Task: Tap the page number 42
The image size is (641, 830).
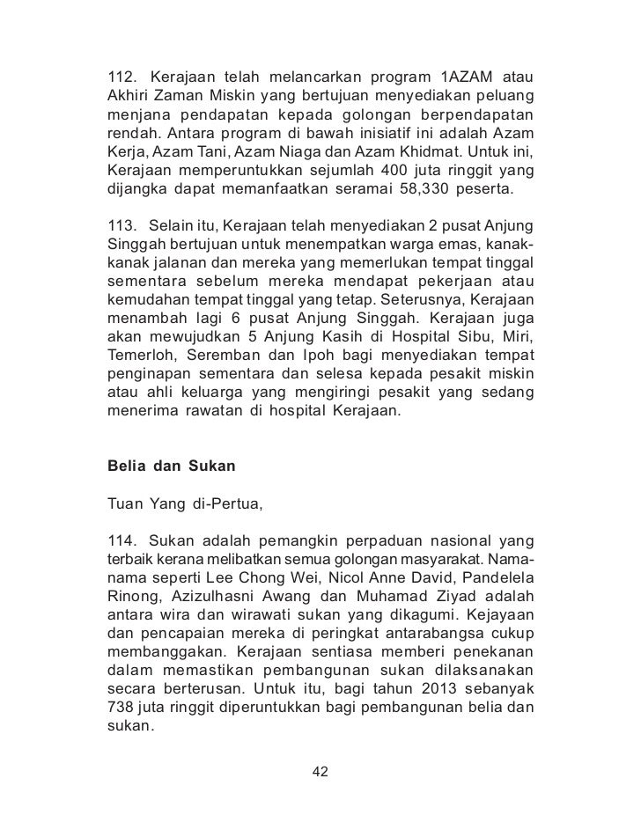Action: point(320,772)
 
